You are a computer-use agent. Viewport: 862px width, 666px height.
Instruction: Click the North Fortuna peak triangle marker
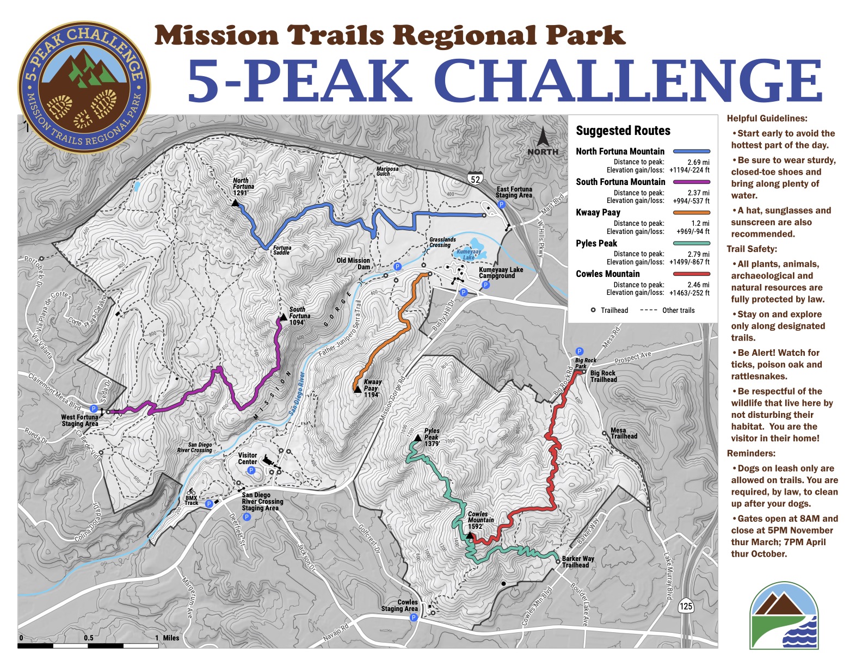pos(235,202)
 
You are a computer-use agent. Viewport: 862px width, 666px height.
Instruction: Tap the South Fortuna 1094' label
pos(299,316)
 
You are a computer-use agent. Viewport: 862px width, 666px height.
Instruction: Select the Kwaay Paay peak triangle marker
pos(358,389)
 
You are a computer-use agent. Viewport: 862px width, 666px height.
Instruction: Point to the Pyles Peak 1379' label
pos(432,437)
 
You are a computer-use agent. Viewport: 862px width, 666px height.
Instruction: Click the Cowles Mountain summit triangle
pos(470,535)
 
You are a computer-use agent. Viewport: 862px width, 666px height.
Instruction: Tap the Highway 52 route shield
pos(475,178)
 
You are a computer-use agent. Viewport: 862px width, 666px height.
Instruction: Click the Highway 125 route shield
pos(685,606)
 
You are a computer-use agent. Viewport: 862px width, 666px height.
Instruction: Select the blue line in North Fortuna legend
pos(691,151)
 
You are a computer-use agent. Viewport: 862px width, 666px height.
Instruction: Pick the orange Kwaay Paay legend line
pos(691,213)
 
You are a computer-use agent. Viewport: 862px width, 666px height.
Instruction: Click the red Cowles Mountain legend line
pos(691,274)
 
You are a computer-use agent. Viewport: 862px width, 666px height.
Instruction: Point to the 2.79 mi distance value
pos(698,254)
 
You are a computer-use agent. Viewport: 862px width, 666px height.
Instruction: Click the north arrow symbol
pos(543,137)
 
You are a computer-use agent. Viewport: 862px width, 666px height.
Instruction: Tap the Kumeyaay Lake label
pos(467,254)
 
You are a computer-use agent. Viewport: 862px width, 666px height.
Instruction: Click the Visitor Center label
pos(248,458)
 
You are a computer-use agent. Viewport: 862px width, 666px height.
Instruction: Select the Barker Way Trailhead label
pos(578,562)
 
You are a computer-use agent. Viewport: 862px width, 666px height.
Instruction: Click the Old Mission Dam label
pos(353,263)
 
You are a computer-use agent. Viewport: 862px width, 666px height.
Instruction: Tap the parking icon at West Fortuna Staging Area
pos(94,409)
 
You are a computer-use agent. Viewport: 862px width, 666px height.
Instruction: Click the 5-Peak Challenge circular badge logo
pos(84,87)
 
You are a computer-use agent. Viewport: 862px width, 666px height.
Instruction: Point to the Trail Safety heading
pos(752,249)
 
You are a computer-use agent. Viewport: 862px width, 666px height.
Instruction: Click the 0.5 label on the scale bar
pos(89,638)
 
